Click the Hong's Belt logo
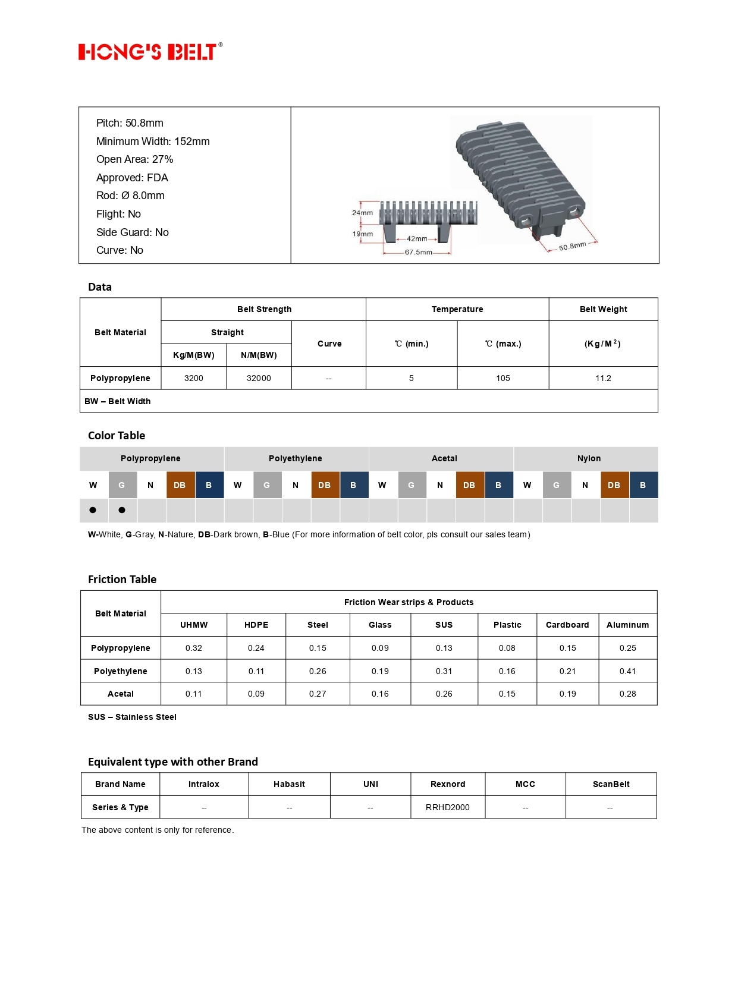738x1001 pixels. [x=150, y=52]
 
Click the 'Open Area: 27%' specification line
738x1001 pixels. [x=134, y=159]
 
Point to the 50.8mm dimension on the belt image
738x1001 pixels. [x=572, y=246]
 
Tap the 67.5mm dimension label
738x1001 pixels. [x=418, y=253]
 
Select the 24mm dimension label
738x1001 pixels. [x=362, y=213]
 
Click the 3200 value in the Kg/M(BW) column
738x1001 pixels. [x=193, y=378]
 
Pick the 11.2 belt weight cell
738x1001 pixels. [x=603, y=378]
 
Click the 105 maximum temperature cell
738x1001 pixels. [x=503, y=378]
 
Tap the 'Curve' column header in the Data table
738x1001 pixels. [x=329, y=344]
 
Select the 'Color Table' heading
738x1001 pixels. [x=117, y=436]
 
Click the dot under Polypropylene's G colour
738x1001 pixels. [x=122, y=510]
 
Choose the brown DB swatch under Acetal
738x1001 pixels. [x=469, y=485]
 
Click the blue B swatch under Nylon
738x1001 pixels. [x=643, y=485]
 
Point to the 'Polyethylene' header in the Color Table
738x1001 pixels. [x=296, y=458]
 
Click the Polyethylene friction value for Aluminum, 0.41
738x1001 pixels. [x=627, y=671]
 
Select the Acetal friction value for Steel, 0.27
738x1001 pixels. [x=318, y=694]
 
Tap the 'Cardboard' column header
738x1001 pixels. [x=567, y=625]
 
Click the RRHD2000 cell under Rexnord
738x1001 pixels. [x=447, y=807]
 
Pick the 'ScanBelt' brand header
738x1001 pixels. [x=611, y=784]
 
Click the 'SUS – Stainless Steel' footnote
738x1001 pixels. [x=132, y=717]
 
